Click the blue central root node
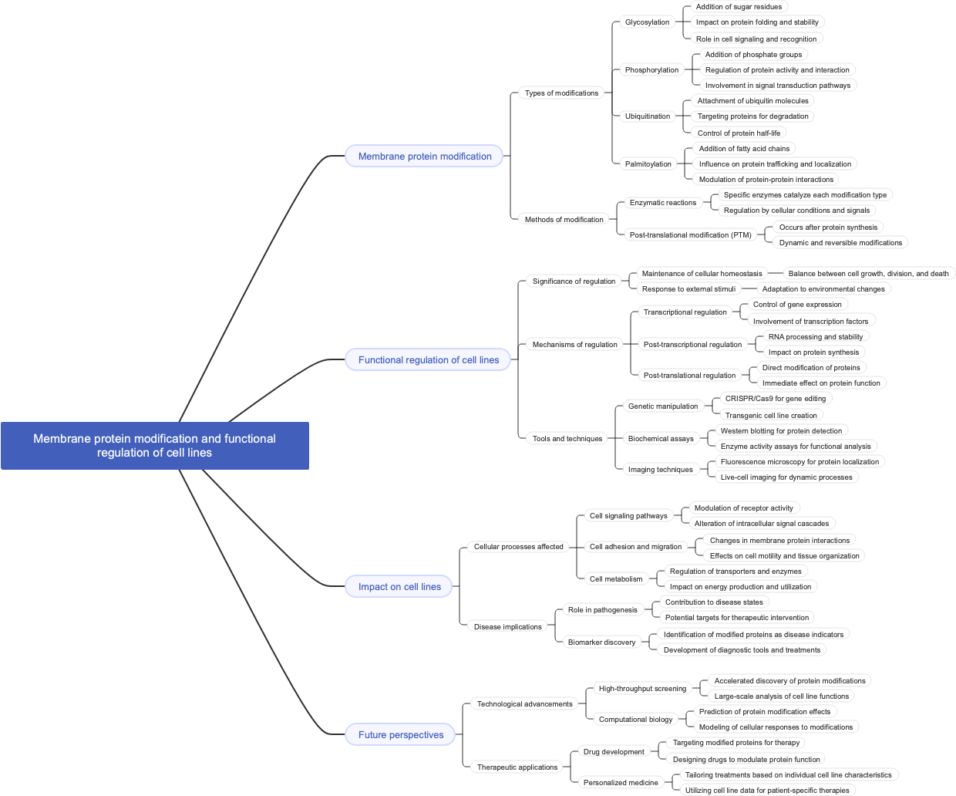(x=154, y=446)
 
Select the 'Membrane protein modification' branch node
(x=424, y=157)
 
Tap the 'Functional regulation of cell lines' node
(x=428, y=360)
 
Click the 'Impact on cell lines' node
(x=399, y=587)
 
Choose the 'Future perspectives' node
(x=400, y=735)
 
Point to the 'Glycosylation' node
(x=647, y=22)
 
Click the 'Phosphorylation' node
(x=651, y=70)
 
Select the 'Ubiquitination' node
(x=647, y=116)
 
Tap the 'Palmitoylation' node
(x=648, y=164)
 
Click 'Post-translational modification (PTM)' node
(x=690, y=235)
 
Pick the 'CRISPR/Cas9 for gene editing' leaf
(x=775, y=399)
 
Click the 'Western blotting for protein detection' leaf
(x=781, y=431)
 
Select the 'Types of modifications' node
(x=561, y=93)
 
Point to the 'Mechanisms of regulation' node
(x=574, y=345)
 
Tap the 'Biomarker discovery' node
(x=601, y=643)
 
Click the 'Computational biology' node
(x=635, y=720)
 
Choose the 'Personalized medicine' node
(x=621, y=783)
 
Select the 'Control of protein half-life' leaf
(x=739, y=133)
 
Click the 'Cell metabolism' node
(x=615, y=579)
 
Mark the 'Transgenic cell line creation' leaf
(x=771, y=416)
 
